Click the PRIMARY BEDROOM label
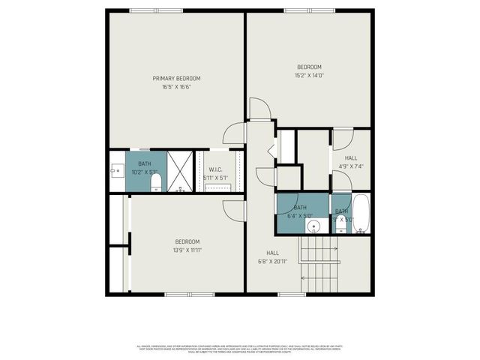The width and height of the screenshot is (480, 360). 176,78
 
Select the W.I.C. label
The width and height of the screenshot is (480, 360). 215,169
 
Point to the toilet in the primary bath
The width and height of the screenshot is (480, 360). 156,182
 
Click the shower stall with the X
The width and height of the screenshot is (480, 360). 180,172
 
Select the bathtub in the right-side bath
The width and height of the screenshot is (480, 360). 361,214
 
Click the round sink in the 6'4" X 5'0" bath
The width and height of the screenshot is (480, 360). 315,225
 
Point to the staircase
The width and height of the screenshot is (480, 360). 320,264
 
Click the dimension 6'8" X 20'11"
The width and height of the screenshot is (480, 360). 272,262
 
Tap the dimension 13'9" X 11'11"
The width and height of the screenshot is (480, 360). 187,250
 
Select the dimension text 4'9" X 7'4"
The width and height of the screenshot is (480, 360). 351,166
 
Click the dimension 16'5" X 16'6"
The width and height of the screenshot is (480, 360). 176,87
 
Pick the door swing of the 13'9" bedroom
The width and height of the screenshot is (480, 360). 235,210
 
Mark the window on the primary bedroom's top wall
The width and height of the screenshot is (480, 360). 156,10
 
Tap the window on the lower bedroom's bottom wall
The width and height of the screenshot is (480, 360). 190,294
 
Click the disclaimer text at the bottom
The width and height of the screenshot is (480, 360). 239,348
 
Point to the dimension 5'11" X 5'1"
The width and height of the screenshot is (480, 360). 215,178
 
